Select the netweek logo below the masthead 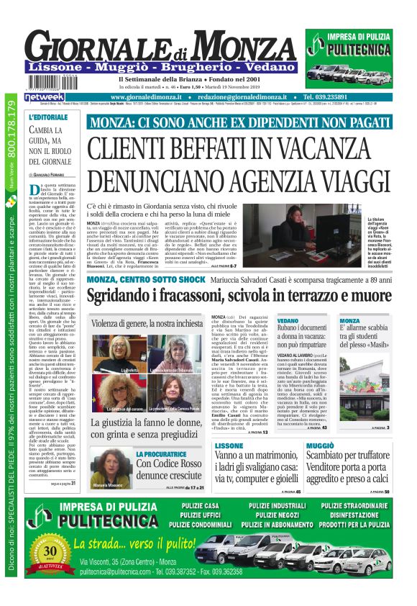pyautogui.click(x=44, y=96)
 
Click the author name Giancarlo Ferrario pyautogui.click(x=52, y=174)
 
